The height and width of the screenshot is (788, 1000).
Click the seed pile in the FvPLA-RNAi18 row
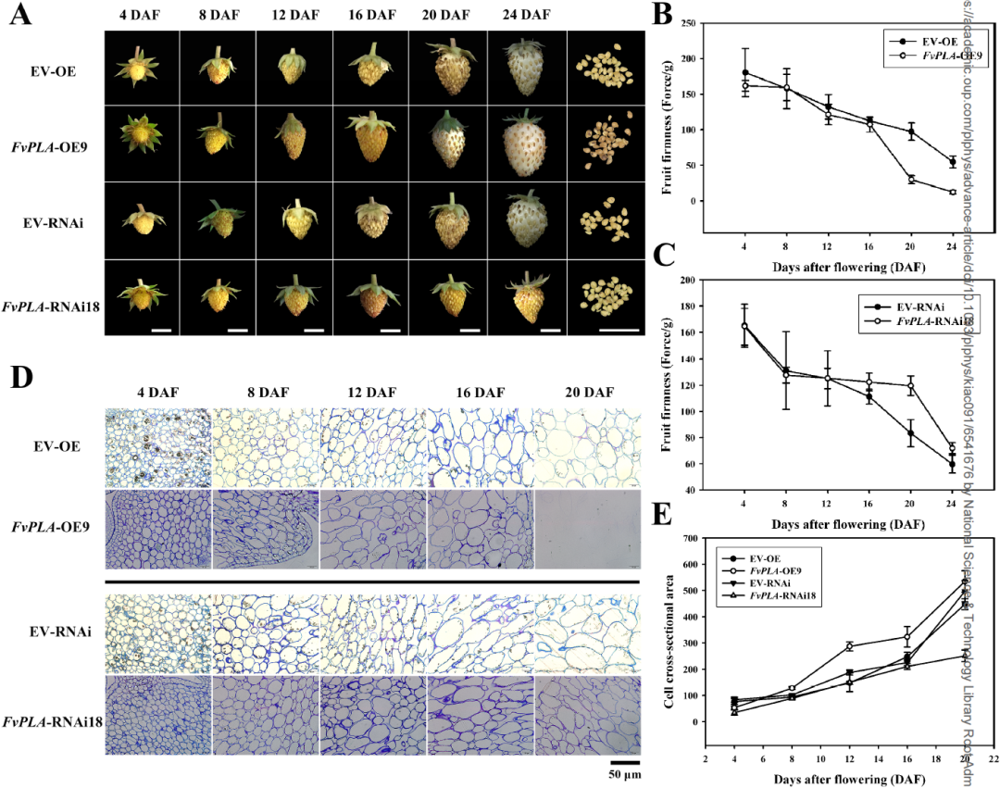pyautogui.click(x=606, y=295)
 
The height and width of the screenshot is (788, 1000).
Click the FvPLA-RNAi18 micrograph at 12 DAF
pyautogui.click(x=372, y=715)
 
